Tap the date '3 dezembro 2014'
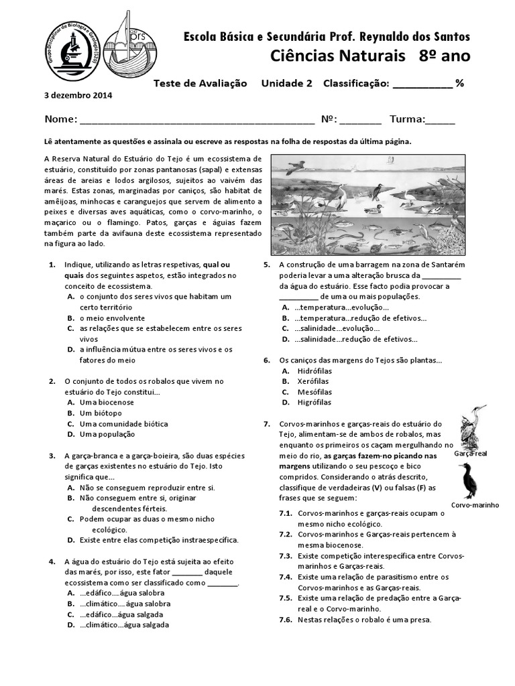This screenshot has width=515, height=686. click(x=78, y=95)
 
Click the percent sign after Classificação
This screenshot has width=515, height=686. click(x=460, y=83)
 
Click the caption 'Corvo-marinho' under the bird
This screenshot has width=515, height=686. click(x=475, y=505)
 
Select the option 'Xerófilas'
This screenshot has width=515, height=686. click(x=312, y=381)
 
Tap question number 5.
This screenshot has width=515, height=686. click(x=266, y=265)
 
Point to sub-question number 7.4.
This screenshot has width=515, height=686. click(x=285, y=577)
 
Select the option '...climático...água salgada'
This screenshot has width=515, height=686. click(x=124, y=624)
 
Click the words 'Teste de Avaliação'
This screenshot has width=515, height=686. click(x=200, y=83)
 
